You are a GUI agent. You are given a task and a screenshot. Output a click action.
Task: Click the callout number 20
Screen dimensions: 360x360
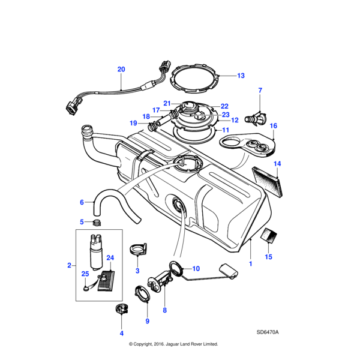tap(121, 70)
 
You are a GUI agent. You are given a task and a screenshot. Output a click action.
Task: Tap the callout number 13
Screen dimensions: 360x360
tap(241, 76)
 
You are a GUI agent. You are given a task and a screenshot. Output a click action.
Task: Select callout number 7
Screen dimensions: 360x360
tap(260, 91)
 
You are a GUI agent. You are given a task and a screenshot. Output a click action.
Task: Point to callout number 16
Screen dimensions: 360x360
tap(274, 126)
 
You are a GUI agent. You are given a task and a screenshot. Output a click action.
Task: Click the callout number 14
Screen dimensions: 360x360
tap(277, 163)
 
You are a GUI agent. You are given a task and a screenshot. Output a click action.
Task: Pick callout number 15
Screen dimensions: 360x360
tap(269, 257)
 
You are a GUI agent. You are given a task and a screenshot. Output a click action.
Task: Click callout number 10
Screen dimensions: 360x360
tap(196, 268)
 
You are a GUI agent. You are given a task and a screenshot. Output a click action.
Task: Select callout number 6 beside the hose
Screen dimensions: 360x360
tap(82, 202)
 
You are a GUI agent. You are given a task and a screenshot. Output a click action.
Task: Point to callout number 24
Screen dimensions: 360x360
tap(110, 258)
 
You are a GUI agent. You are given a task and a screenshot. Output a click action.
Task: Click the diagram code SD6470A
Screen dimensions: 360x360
tap(268, 332)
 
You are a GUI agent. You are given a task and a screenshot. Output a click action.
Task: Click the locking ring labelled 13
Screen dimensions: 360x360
tap(194, 76)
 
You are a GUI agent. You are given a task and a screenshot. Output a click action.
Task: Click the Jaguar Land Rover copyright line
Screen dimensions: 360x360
tap(173, 344)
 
